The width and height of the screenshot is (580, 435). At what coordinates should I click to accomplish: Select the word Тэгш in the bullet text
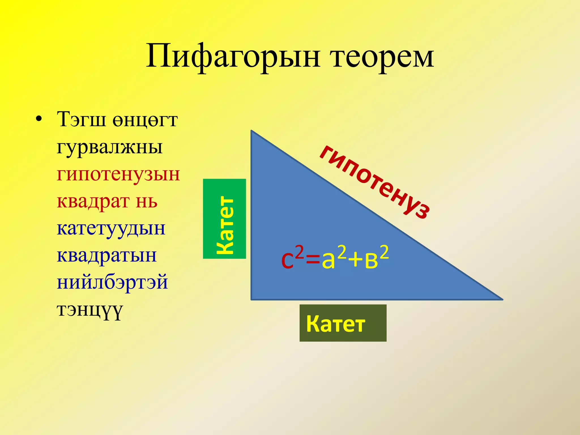(82, 120)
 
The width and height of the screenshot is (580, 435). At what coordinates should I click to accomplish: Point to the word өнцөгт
(145, 120)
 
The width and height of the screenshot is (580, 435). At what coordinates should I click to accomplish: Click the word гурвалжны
(110, 147)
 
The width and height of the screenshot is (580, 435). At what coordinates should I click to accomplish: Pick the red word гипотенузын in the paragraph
(118, 174)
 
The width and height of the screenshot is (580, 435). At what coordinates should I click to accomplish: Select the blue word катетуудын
(111, 228)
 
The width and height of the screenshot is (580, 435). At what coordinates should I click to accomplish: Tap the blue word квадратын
(107, 255)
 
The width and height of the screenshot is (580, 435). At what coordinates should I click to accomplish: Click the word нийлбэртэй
(112, 282)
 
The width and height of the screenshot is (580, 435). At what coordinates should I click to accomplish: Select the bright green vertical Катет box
(225, 219)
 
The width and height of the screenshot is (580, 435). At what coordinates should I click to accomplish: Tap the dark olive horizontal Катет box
(343, 323)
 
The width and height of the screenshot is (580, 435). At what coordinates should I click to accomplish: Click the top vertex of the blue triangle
(251, 131)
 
